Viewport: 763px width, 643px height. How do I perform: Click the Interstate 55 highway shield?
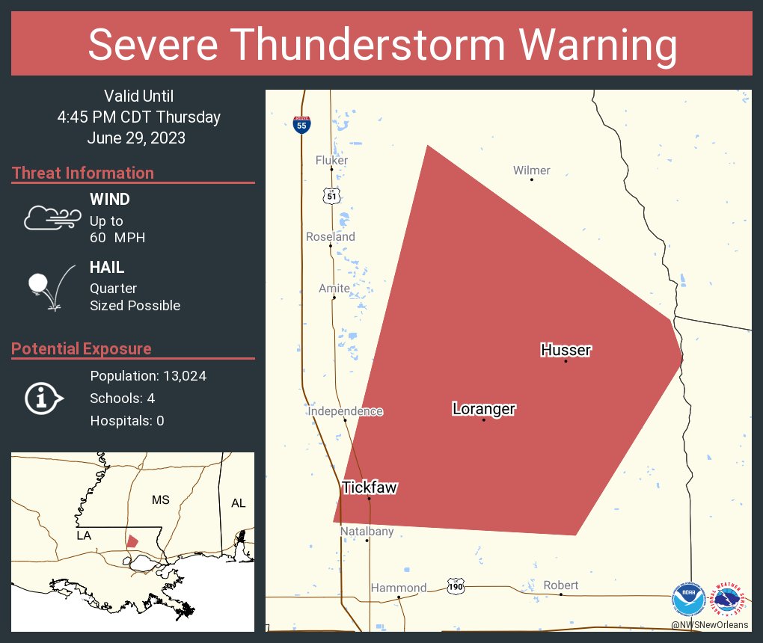pos(301,125)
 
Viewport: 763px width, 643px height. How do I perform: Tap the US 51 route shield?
pos(332,196)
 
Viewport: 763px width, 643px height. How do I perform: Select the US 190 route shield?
pos(456,585)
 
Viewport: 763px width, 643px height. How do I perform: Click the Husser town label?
pos(566,350)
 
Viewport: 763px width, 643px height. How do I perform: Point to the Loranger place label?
pos(483,409)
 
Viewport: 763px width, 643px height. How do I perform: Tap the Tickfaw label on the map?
pos(370,487)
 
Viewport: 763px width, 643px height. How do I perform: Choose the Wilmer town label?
pos(531,170)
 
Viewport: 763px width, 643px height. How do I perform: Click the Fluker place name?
pos(331,160)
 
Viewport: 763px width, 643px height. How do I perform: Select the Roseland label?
pos(331,236)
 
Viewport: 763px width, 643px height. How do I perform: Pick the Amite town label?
pos(334,288)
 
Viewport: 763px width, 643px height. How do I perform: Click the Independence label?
pos(345,411)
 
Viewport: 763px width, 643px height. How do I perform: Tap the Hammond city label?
pos(398,588)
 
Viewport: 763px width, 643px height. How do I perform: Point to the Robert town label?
pos(560,585)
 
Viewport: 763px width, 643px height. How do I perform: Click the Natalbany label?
pos(367,532)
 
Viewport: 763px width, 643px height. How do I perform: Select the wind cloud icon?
pos(52,218)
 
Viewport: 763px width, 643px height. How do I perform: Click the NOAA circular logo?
pos(688,599)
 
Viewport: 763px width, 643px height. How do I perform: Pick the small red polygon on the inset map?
pos(132,541)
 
